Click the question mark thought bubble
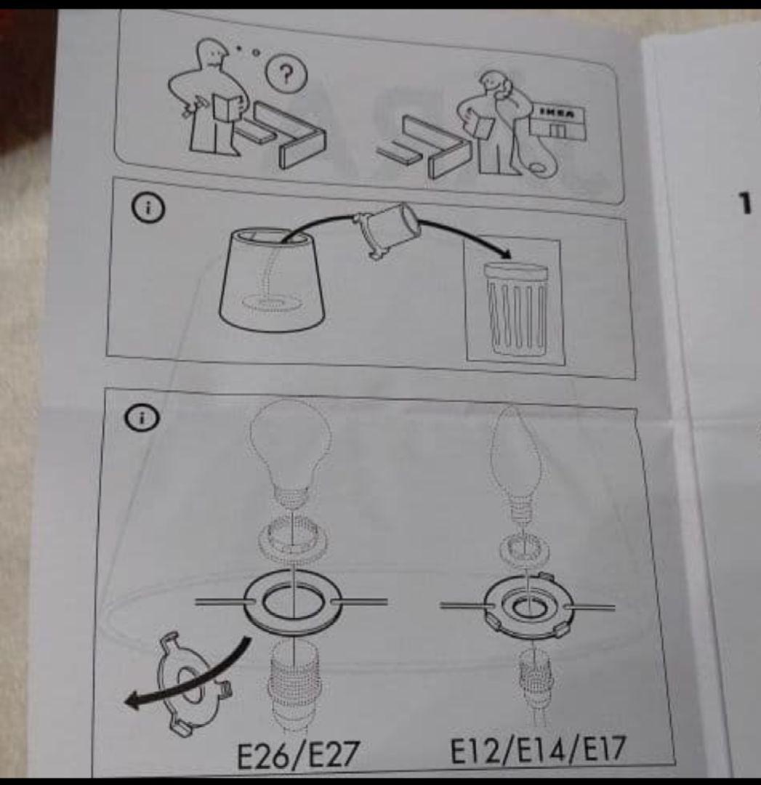tap(286, 75)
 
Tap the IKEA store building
tap(557, 121)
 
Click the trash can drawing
tap(515, 307)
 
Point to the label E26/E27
tap(297, 754)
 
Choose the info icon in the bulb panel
tap(142, 418)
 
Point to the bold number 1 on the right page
tap(746, 203)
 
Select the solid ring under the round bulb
tap(294, 601)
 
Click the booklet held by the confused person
tap(226, 108)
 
